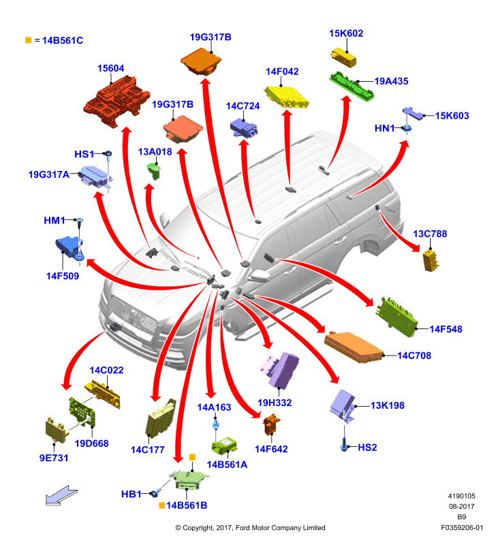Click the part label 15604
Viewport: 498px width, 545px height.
[x=110, y=68]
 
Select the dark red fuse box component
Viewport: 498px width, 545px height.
[x=116, y=102]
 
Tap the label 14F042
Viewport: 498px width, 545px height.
[x=282, y=72]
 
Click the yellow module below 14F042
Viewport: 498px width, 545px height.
[x=286, y=97]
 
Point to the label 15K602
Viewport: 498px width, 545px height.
[x=346, y=33]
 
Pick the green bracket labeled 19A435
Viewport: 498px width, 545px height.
[x=352, y=87]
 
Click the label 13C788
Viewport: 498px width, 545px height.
[x=430, y=234]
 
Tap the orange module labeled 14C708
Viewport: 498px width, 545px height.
[x=354, y=347]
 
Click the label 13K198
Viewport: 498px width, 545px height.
[x=387, y=405]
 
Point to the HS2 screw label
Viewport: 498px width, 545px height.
[x=367, y=448]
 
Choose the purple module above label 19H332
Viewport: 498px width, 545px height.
[x=280, y=370]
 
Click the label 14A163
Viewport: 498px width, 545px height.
[x=214, y=407]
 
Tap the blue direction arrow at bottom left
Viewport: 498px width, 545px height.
[x=61, y=495]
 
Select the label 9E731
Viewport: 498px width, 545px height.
[x=54, y=458]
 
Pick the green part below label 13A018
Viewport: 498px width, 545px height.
[x=154, y=171]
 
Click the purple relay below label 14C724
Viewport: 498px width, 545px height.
[x=244, y=128]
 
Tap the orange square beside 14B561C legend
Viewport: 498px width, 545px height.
[x=29, y=40]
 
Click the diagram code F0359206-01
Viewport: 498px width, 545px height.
[x=461, y=527]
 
